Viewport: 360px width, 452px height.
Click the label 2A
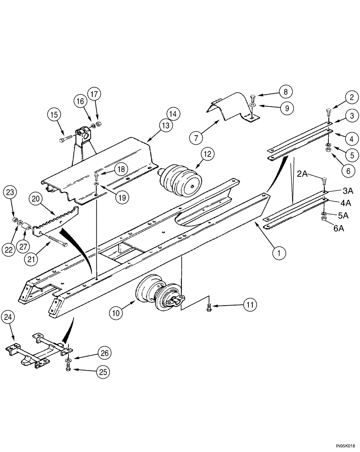[302, 173]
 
